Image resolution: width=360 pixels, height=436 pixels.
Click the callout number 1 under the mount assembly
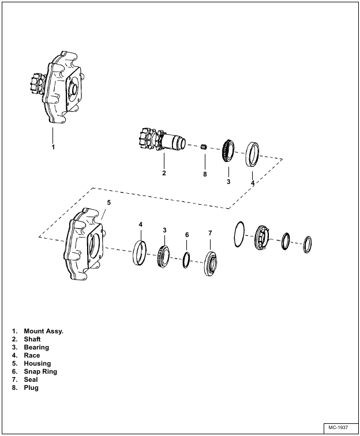[x=53, y=147]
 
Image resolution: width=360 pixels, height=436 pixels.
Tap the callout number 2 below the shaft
[x=164, y=173]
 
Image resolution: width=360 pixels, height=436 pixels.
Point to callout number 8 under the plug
[x=204, y=174]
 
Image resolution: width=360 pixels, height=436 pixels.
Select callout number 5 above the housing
[x=109, y=202]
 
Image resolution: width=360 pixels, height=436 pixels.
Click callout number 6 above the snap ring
[x=187, y=235]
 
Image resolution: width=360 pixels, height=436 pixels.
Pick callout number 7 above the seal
[x=210, y=233]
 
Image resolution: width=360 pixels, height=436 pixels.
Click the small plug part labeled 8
[x=204, y=148]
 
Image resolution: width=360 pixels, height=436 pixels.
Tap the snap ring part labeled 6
[x=186, y=261]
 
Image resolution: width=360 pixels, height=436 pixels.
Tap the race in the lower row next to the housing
[x=139, y=254]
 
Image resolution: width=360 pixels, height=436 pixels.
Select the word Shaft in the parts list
[x=32, y=339]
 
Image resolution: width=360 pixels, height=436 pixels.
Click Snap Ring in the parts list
[x=40, y=371]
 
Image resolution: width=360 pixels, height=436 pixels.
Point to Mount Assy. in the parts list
[x=43, y=331]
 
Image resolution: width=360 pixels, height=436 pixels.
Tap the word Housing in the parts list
[x=37, y=363]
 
